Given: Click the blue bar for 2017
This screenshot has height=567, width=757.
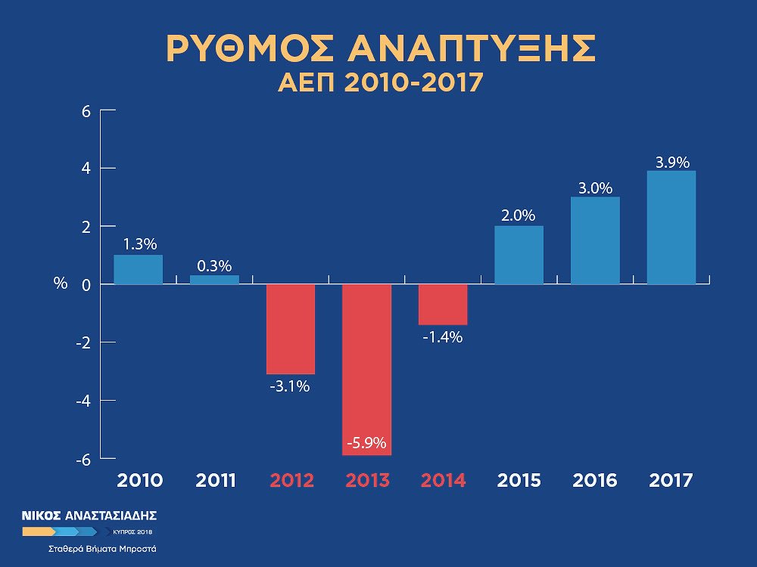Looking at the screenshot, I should coord(671,228).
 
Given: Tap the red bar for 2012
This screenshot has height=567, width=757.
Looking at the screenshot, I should coord(290,329).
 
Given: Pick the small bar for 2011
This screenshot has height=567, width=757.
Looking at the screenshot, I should coord(214,280).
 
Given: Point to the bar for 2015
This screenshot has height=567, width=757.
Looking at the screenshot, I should coord(519,255).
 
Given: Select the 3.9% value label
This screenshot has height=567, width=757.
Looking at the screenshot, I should coord(671,162).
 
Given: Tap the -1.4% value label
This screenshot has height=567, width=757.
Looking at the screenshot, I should coord(442,337).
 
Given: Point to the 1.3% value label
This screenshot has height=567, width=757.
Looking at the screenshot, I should coord(139,244).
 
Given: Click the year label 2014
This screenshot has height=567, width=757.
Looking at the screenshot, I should coord(443,481).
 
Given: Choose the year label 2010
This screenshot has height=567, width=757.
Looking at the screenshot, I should coord(139,481).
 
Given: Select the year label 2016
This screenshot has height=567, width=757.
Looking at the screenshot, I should coord(595,481).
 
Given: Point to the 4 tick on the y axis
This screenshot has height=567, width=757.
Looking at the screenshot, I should coord(86,168).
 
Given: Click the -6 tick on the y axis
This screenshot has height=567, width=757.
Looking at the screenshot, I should coord(83,459).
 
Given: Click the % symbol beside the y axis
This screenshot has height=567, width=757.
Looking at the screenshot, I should coord(61,284).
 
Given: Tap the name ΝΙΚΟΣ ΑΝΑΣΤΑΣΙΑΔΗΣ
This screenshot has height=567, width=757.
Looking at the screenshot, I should coord(89,516).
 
